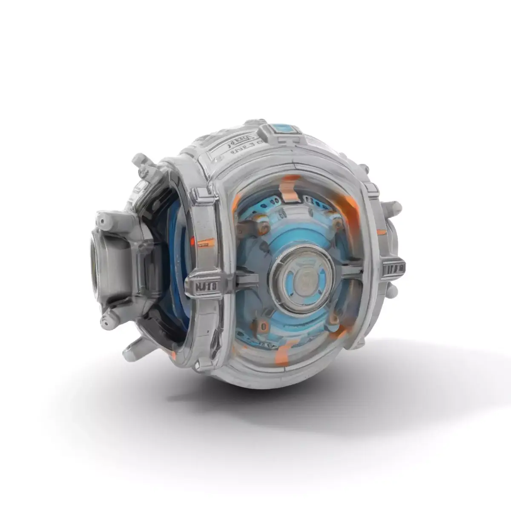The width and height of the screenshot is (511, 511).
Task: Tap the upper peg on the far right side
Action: [x=394, y=207]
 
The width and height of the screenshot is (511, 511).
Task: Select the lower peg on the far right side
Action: [x=393, y=290]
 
